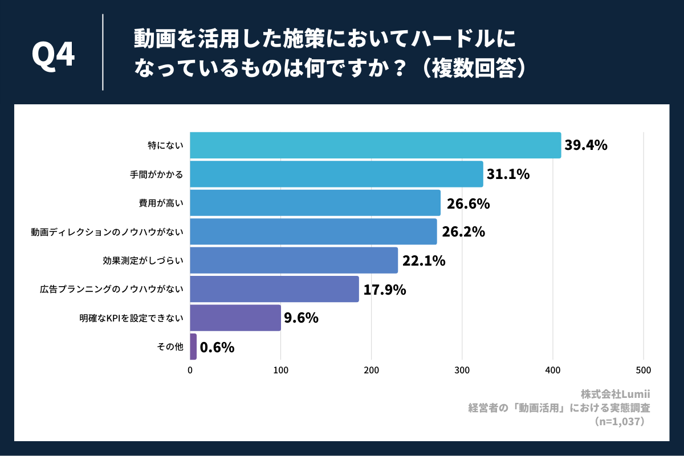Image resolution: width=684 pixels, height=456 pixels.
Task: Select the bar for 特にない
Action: [x=375, y=145]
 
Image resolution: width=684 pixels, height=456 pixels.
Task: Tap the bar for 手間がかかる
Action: [x=336, y=174]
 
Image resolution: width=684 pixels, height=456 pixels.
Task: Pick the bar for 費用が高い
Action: [x=315, y=203]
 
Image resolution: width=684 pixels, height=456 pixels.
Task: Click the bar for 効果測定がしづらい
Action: [x=294, y=260]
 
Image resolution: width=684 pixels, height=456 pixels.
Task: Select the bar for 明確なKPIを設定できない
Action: [x=235, y=317]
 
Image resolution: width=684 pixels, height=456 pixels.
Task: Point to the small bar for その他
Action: [x=193, y=347]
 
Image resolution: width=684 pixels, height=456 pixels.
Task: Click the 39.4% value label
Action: [x=585, y=145]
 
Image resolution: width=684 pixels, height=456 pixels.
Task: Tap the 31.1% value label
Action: [x=508, y=174]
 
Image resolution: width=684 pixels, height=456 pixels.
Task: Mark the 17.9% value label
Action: [x=385, y=290]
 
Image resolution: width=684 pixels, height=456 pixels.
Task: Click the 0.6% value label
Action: [x=217, y=347]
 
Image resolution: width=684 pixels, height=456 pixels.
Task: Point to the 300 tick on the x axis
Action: [x=462, y=370]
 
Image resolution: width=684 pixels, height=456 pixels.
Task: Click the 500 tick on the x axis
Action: [x=643, y=370]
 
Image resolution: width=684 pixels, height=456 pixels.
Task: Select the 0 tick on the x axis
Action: [x=190, y=370]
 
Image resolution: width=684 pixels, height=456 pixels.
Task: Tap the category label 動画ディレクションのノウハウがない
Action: [x=107, y=232]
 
